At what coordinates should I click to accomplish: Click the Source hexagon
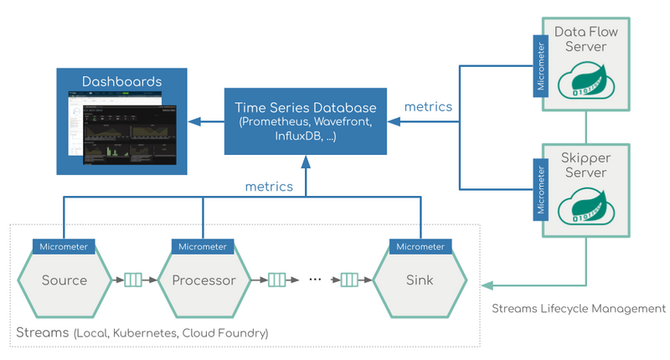(64, 280)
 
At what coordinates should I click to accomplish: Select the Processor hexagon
(203, 280)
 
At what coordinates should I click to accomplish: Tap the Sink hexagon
(420, 280)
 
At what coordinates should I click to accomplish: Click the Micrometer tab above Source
(64, 247)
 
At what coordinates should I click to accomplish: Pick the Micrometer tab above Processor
(203, 247)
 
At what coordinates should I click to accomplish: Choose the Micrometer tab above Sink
(420, 247)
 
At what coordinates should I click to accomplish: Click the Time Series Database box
(306, 121)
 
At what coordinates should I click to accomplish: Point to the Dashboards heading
(121, 82)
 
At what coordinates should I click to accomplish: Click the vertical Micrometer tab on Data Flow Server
(540, 64)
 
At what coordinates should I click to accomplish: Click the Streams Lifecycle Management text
(579, 309)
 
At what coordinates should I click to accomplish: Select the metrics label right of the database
(428, 106)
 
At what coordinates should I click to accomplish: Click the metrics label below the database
(269, 186)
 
